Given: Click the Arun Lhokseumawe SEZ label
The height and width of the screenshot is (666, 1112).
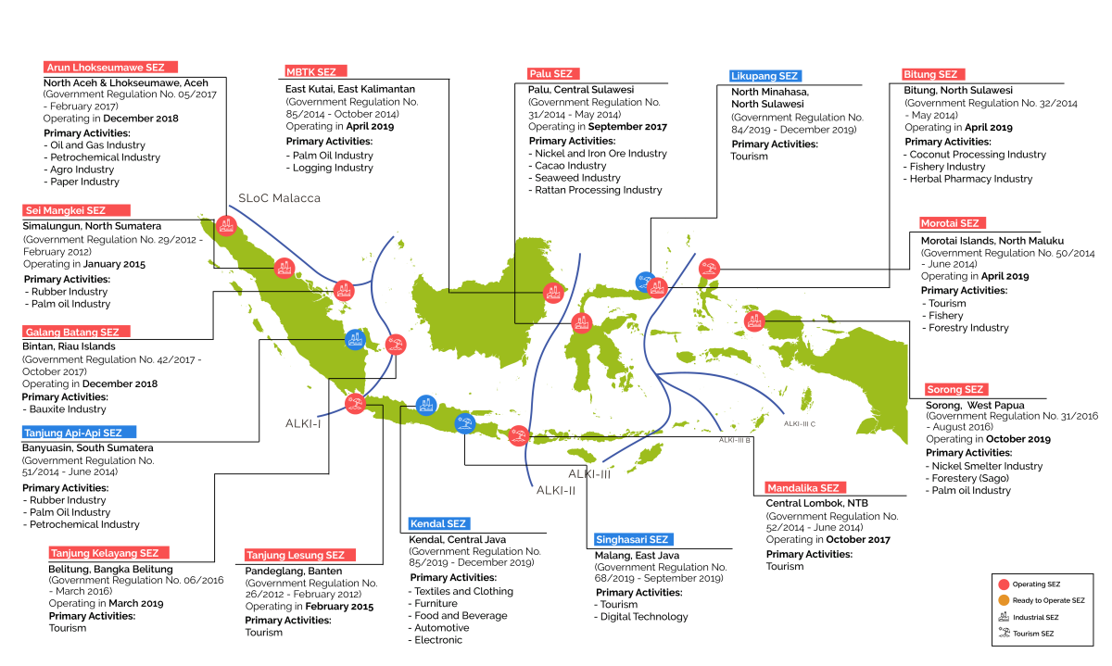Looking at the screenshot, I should tap(110, 68).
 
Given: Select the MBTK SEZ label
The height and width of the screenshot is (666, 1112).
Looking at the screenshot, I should tap(316, 71).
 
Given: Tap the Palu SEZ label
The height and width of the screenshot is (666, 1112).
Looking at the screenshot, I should tap(553, 74).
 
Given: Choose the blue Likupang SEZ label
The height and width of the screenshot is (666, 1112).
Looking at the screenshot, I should tap(765, 76).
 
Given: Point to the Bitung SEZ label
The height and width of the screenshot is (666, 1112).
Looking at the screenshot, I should tap(933, 74).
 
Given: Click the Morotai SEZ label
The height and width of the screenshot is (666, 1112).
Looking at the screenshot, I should tap(953, 223).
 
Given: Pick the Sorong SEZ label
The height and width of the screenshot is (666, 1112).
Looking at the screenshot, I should tap(956, 390).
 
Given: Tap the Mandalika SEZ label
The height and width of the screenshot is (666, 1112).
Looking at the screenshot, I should tap(805, 488).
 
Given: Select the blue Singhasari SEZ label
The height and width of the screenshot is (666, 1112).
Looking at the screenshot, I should tap(634, 540).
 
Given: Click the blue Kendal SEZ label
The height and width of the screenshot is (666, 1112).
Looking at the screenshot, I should tap(439, 524).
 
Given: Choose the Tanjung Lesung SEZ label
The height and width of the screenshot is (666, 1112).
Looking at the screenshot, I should tap(300, 556).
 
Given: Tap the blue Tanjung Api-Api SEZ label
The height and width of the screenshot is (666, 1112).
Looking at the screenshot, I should tap(79, 433).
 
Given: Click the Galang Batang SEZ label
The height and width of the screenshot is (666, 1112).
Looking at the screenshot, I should tap(76, 332).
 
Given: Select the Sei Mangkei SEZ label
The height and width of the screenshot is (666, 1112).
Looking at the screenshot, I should tap(76, 210).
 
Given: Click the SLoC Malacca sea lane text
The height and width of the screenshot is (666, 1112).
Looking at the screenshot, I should tap(279, 198).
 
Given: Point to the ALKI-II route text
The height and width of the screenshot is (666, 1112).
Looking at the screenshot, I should tap(555, 491).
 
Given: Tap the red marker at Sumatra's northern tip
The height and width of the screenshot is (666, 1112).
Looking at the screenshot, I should tap(226, 226).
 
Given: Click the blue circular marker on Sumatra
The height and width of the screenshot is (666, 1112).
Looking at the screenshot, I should tap(355, 340).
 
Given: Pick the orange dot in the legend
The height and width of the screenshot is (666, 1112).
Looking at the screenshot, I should tap(1004, 600).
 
